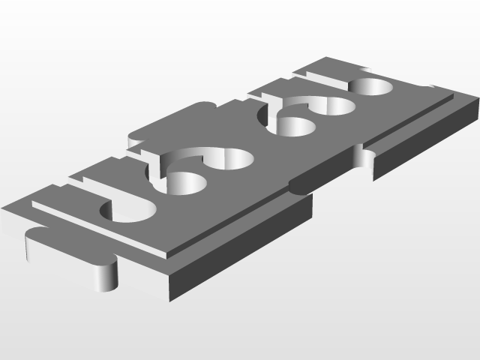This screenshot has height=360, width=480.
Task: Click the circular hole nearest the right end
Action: pos(373,88)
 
